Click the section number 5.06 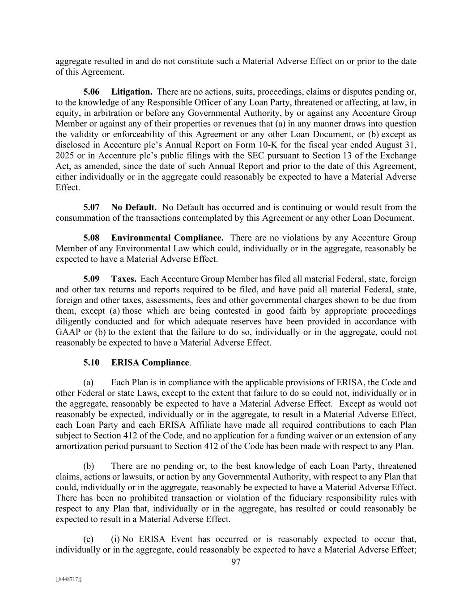(91, 92)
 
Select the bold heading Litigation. (132, 92)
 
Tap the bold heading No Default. (134, 207)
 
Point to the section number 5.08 (91, 238)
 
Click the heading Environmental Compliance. (167, 238)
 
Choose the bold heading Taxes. (124, 279)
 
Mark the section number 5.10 (91, 362)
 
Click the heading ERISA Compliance (150, 362)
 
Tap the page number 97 (236, 562)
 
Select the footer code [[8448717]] (68, 579)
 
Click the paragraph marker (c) (89, 539)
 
